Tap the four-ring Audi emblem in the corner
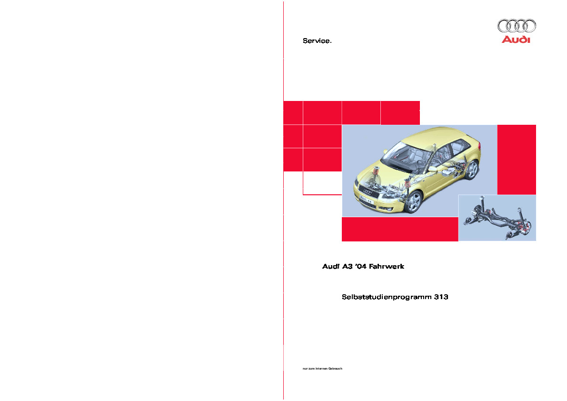point(517,26)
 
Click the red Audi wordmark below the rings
point(516,40)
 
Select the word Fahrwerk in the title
point(387,267)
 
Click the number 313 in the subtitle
point(441,297)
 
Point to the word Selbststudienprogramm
point(387,297)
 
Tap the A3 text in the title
point(348,267)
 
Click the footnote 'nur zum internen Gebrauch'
point(322,369)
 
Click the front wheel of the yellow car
point(413,202)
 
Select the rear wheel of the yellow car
point(471,170)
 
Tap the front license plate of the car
point(366,199)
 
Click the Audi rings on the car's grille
point(368,192)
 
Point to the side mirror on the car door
point(432,169)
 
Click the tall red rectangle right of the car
point(517,160)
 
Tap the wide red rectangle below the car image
point(400,229)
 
